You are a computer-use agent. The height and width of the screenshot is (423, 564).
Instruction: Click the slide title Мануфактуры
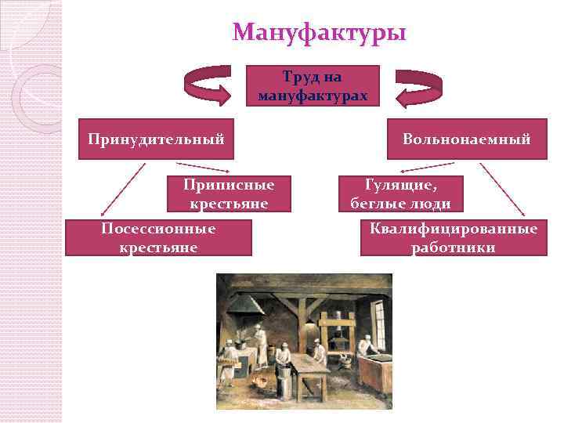[320, 33]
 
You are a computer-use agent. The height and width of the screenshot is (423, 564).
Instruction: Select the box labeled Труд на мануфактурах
[313, 85]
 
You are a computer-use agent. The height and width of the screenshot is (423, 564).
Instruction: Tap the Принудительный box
[157, 139]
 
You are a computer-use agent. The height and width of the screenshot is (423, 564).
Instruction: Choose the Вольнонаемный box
[467, 139]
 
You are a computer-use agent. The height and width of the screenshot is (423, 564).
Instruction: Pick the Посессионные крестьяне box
[158, 237]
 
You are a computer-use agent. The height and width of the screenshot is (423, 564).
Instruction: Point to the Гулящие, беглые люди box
[400, 194]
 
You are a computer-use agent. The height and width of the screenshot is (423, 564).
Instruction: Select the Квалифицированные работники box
[454, 237]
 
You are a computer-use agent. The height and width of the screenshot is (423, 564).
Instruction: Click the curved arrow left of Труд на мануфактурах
[206, 85]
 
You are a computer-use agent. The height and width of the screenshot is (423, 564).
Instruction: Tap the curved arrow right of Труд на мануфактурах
[419, 85]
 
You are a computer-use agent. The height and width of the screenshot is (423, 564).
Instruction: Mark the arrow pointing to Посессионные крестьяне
[123, 190]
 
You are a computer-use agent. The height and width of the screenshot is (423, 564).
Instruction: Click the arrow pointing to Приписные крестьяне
[201, 168]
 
